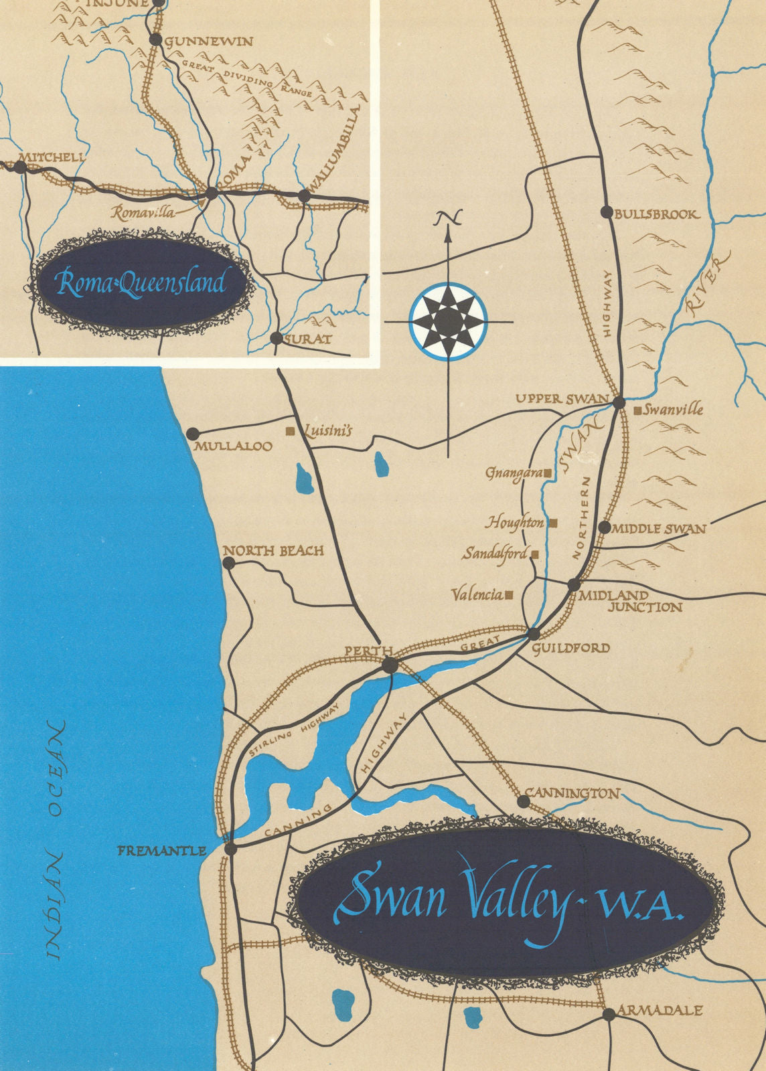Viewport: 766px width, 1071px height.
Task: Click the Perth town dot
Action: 390,665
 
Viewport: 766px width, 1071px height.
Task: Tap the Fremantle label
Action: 161,851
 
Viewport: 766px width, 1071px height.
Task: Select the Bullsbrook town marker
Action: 607,212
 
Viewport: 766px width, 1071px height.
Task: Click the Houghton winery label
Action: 514,522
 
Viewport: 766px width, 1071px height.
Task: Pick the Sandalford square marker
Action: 535,554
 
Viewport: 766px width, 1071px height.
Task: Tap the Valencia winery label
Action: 477,594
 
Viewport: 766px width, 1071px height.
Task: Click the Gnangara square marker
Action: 548,473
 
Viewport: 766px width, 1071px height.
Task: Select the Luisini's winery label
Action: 327,432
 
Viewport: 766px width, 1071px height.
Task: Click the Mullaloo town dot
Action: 194,434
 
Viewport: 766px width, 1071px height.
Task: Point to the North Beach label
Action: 273,551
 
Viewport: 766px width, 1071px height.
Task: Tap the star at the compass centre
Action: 448,321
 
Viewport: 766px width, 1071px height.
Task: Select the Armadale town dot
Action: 609,1014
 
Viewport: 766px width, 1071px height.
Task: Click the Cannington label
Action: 572,793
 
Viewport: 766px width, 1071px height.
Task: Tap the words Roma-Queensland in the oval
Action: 141,284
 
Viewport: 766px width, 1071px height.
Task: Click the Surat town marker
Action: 277,338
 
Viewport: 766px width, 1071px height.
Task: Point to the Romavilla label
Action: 143,213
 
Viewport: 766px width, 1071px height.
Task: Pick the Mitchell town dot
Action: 21,168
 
